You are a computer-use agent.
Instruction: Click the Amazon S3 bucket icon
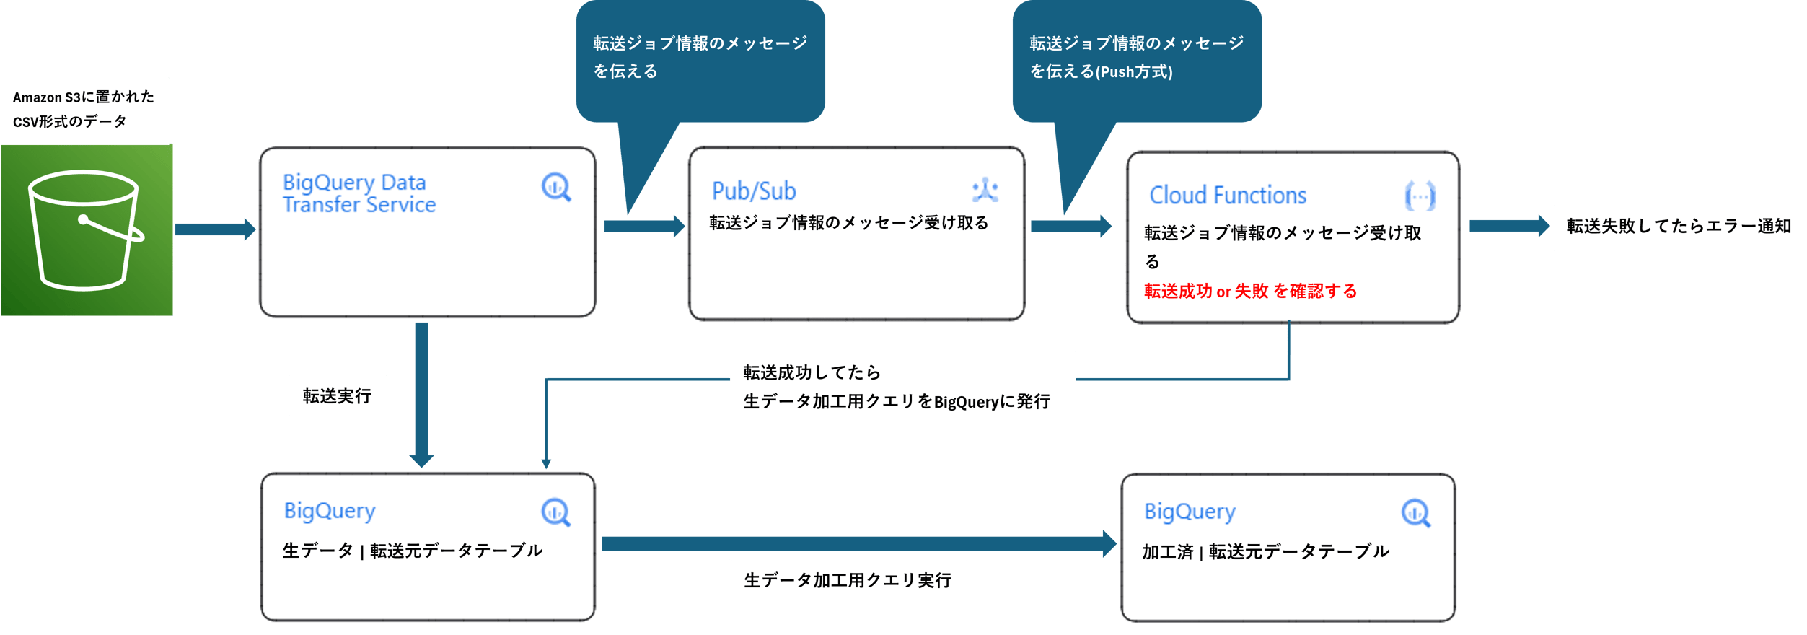click(x=86, y=230)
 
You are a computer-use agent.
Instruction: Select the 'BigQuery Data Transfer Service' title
click(x=359, y=193)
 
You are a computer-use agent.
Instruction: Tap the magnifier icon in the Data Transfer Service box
click(x=556, y=187)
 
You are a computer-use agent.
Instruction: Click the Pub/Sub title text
click(x=754, y=191)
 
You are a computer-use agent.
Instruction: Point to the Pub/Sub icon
click(x=985, y=190)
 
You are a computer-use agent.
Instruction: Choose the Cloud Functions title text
click(x=1228, y=196)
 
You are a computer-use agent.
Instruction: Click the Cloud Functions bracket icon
click(x=1420, y=196)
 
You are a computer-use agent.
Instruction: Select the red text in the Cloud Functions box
click(x=1250, y=291)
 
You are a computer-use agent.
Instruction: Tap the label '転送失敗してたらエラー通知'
click(x=1679, y=227)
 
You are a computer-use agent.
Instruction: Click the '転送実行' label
click(x=337, y=395)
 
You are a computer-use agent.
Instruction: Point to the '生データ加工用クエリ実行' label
click(x=848, y=580)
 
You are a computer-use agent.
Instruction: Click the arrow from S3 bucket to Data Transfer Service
click(x=215, y=229)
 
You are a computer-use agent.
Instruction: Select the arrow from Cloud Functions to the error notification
click(x=1508, y=226)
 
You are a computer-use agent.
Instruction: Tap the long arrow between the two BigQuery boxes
click(x=858, y=543)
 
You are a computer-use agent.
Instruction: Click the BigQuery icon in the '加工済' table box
click(x=1416, y=513)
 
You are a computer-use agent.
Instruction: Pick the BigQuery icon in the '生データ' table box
click(x=556, y=512)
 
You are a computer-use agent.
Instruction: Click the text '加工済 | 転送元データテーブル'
click(x=1265, y=552)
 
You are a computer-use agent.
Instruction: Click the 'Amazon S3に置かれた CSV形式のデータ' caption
click(x=84, y=110)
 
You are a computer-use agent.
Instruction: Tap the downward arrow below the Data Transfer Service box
click(x=421, y=393)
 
